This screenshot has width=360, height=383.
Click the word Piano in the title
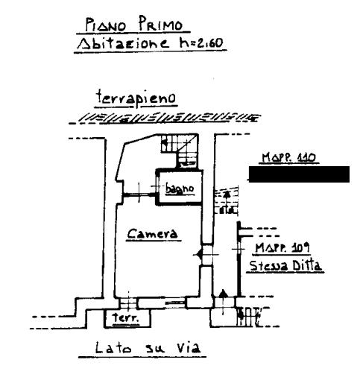106,25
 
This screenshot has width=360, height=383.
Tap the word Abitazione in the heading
123,42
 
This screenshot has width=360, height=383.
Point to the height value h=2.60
201,42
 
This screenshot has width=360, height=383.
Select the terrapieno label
136,98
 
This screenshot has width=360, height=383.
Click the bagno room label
180,189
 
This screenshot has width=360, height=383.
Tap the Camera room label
153,233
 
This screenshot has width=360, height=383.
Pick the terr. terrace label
125,317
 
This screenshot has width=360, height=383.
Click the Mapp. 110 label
288,157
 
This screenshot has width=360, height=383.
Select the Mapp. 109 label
282,247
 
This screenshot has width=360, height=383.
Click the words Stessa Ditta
285,265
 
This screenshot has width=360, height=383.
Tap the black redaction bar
299,174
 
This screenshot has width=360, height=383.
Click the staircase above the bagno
180,151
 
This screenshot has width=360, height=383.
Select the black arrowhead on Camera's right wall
199,255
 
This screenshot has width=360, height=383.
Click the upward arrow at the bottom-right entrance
223,302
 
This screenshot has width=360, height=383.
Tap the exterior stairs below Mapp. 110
227,200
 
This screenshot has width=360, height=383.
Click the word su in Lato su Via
154,349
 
